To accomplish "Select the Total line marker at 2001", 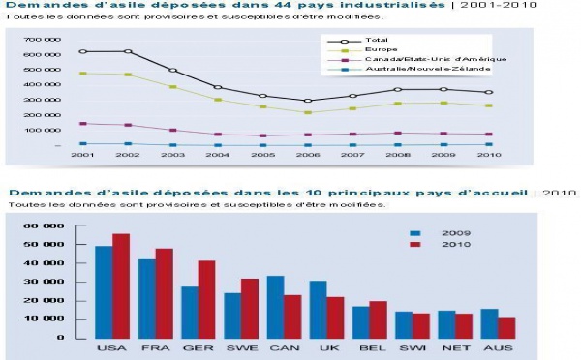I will pos(83,51).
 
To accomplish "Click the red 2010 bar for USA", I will pos(121,285).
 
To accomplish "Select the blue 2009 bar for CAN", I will pos(276,307).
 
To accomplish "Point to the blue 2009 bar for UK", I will pos(318,309).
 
